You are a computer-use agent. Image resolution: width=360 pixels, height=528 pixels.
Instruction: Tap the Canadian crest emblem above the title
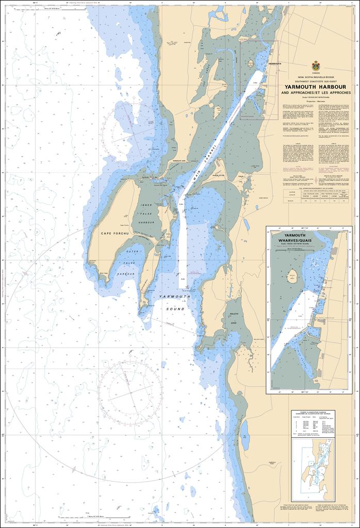click(x=315, y=67)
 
